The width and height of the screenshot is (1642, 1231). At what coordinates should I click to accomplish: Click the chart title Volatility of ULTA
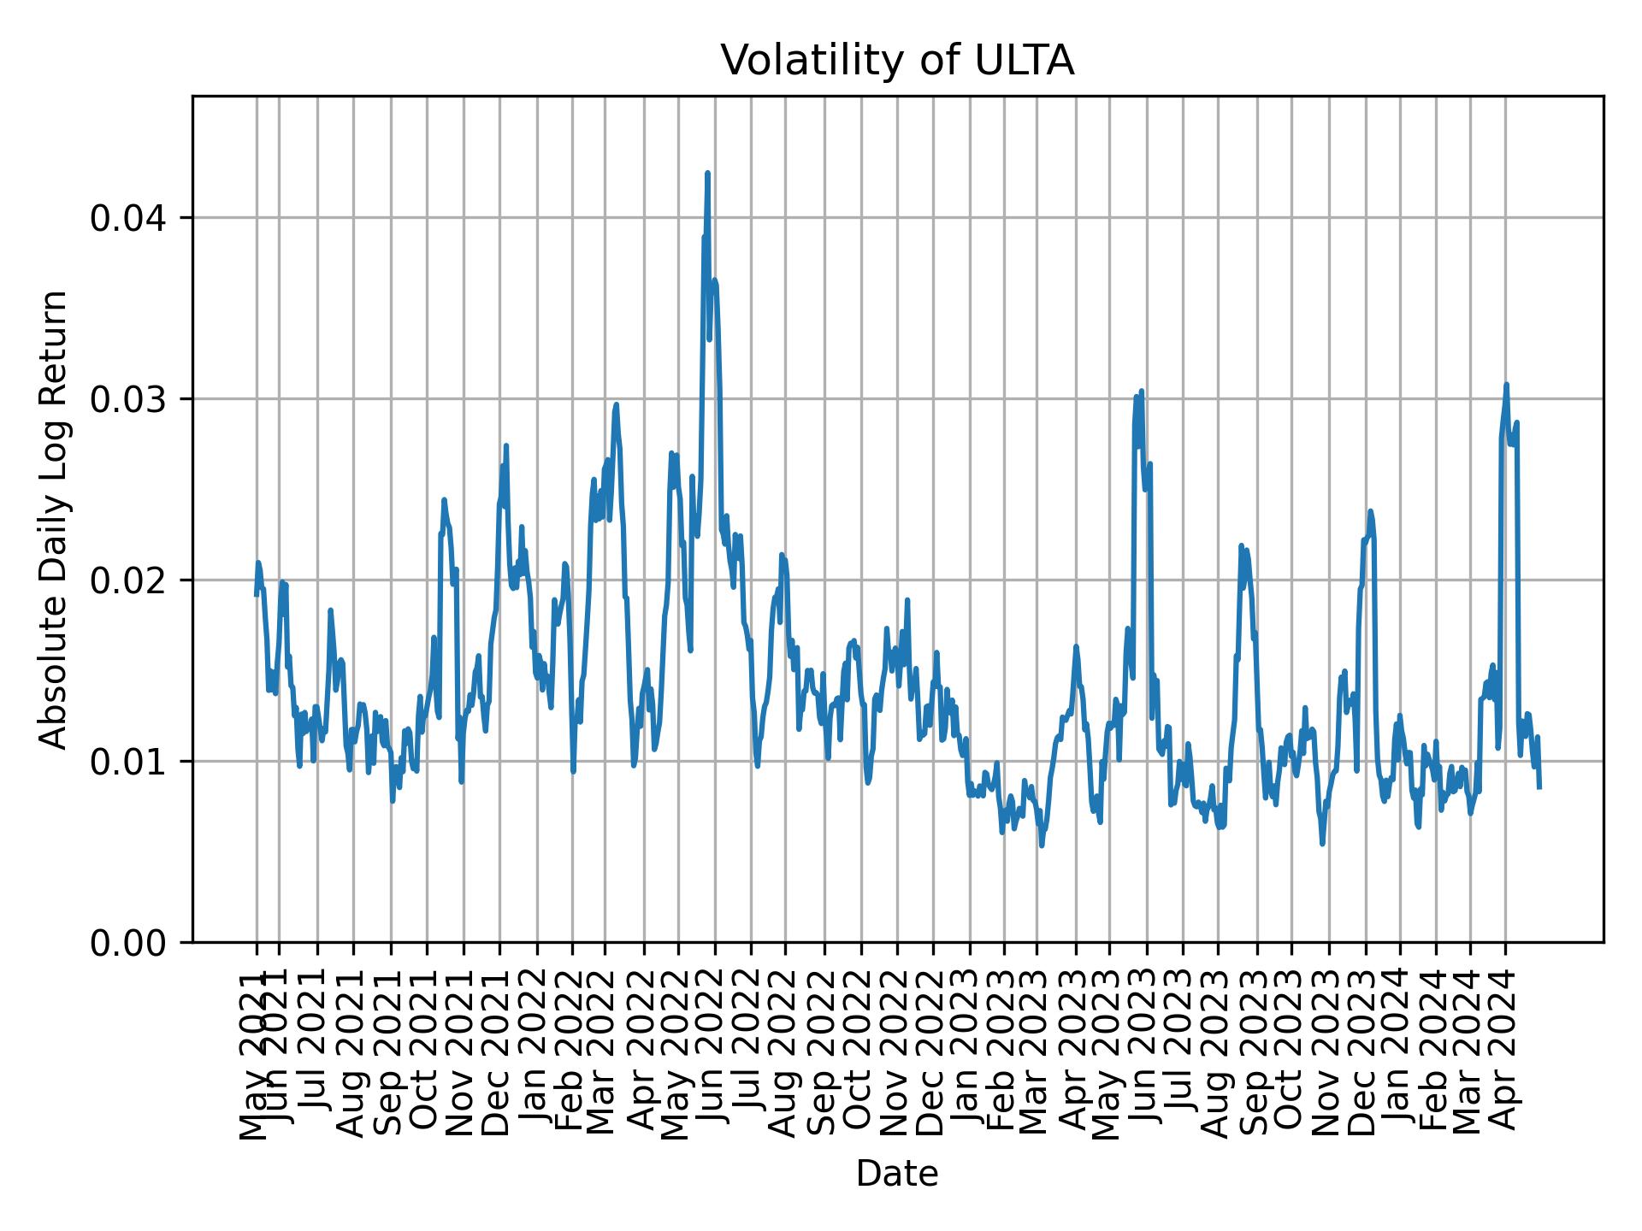point(897,62)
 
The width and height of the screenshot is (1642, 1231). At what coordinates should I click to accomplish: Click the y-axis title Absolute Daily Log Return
point(55,519)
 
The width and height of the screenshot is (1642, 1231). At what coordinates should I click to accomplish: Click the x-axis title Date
point(897,1175)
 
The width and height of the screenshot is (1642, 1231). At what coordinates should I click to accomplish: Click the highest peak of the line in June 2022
point(707,174)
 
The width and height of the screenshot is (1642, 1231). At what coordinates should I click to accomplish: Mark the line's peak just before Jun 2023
point(1141,392)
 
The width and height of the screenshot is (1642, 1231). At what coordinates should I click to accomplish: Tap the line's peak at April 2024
point(1507,385)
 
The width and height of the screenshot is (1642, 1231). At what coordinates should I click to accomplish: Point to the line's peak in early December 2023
point(1370,511)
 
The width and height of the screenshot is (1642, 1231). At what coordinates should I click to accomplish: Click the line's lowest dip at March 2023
point(1042,845)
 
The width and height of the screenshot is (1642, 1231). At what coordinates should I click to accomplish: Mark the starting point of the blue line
point(257,595)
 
